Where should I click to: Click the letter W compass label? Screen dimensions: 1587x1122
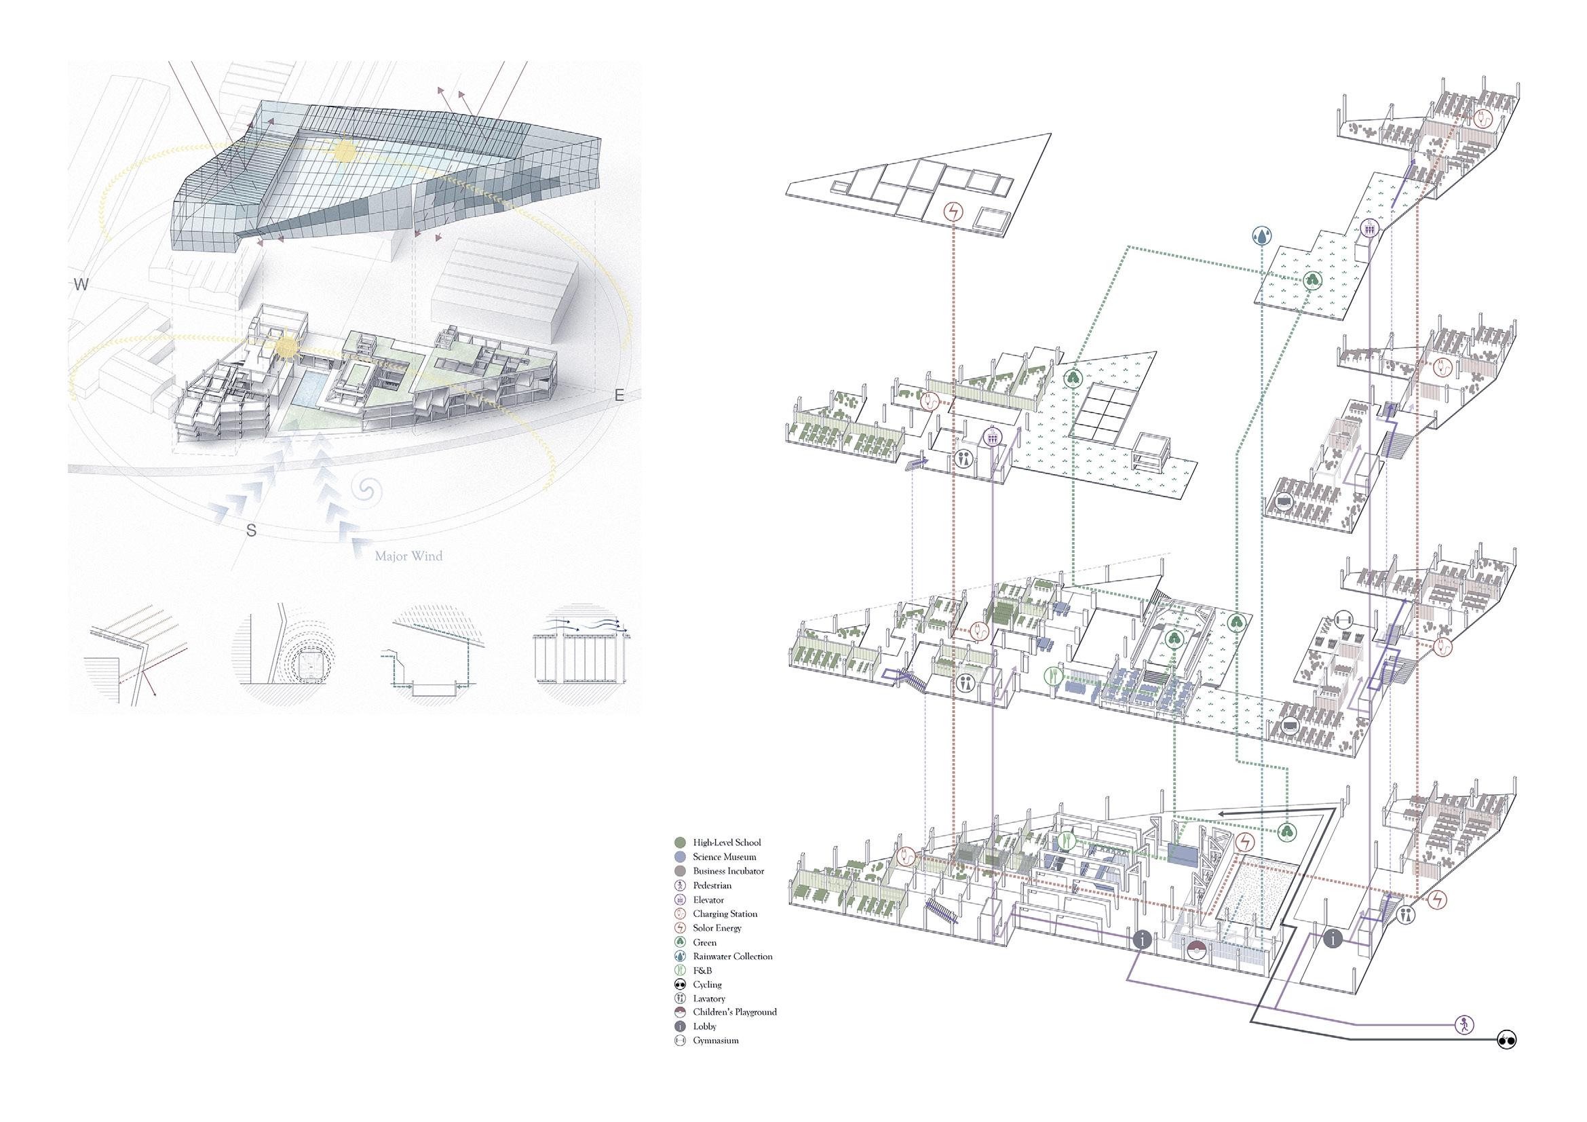point(81,285)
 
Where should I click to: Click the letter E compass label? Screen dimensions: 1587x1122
point(619,395)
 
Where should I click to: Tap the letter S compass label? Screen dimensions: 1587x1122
point(252,530)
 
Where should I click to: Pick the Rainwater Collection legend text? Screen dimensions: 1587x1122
point(733,956)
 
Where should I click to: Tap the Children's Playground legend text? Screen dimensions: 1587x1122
point(735,1011)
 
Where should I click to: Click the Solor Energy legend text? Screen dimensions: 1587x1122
point(717,928)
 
